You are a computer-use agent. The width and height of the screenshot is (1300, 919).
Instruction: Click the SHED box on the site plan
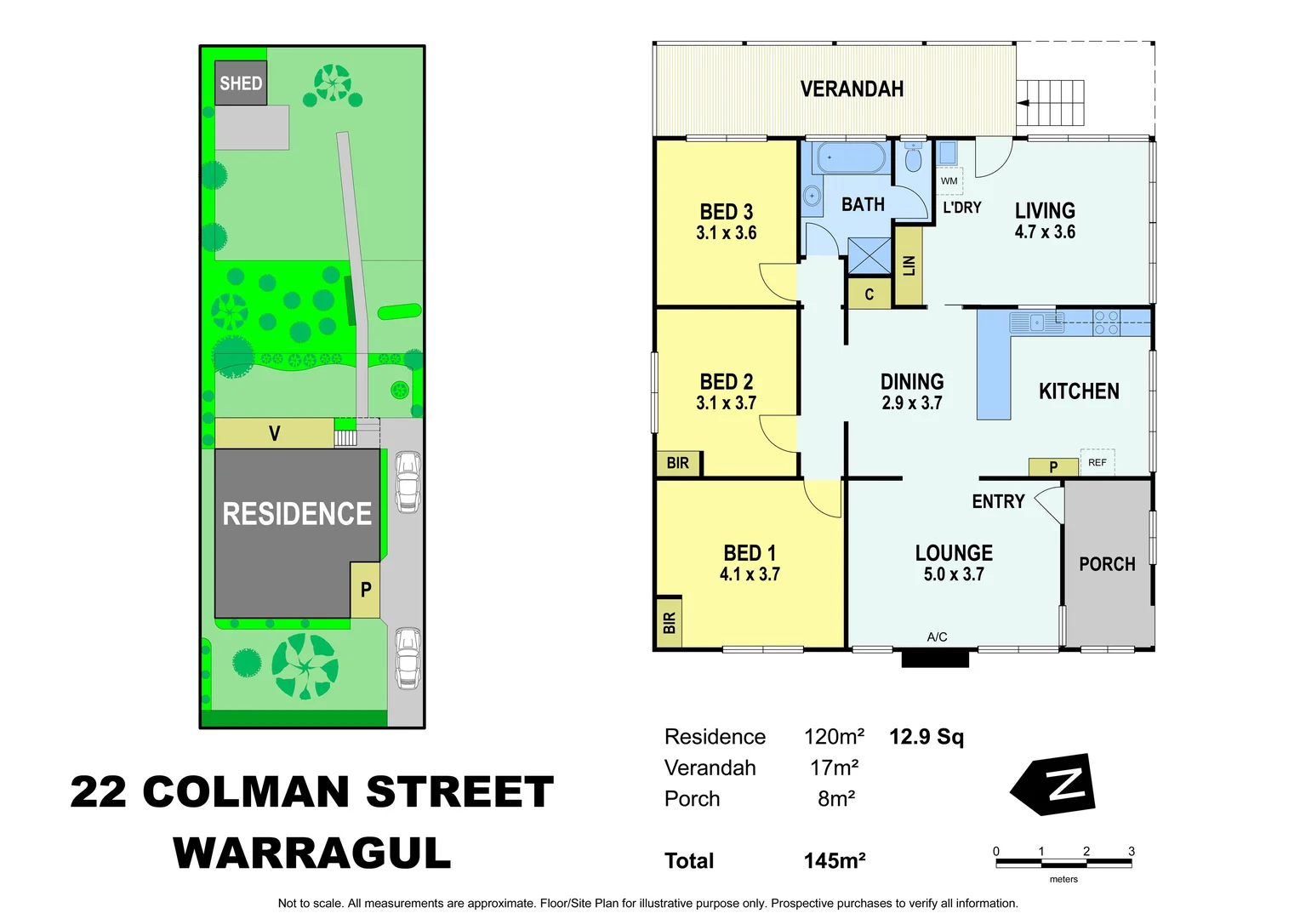[x=241, y=83]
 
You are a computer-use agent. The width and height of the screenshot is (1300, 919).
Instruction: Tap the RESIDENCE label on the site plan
[x=297, y=514]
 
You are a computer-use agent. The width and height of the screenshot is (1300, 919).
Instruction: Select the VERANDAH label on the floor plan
[x=852, y=89]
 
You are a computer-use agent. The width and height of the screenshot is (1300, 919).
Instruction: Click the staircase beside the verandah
[x=1052, y=103]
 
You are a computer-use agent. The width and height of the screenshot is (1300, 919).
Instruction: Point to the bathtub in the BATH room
[x=852, y=158]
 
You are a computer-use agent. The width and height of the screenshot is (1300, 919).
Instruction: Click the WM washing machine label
[x=949, y=181]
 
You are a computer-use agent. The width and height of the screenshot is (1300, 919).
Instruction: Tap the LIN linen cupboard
[x=909, y=265]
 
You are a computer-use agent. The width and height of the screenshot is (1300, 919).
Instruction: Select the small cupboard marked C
[x=869, y=294]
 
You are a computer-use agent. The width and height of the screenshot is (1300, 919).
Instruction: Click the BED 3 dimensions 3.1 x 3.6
[x=726, y=233]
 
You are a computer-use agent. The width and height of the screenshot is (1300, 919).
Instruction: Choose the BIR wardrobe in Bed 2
[x=678, y=463]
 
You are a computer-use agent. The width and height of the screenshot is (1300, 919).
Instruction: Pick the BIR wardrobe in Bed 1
[x=669, y=622]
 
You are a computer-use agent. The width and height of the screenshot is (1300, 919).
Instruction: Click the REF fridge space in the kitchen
[x=1098, y=462]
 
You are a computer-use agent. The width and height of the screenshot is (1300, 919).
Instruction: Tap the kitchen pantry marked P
[x=1053, y=466]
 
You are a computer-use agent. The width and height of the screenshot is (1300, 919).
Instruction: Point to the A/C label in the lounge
[x=937, y=636]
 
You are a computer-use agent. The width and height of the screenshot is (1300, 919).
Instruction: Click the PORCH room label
[x=1107, y=564]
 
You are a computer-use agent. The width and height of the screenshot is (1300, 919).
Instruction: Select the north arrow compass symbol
[x=1055, y=784]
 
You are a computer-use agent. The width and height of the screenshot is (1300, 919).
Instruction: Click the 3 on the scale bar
[x=1132, y=851]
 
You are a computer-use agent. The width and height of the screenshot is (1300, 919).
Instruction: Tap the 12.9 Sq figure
[x=927, y=737]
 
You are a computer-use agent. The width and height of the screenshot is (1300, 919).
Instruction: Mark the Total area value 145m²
[x=835, y=861]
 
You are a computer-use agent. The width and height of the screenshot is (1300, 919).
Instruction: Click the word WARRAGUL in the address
[x=312, y=853]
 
